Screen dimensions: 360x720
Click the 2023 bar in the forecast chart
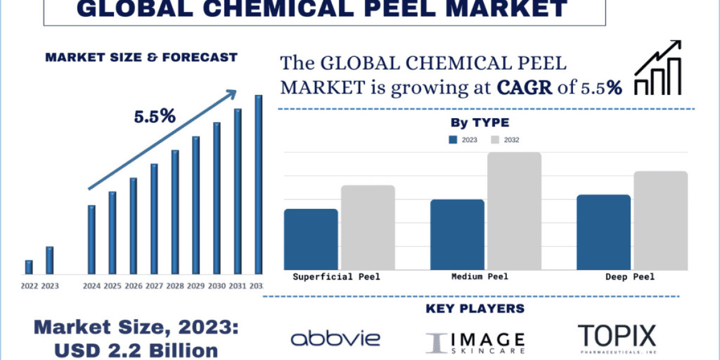click(50, 260)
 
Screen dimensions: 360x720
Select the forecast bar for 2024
click(91, 239)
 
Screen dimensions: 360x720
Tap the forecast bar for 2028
click(175, 212)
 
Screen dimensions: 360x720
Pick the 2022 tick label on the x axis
click(29, 286)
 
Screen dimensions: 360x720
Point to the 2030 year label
click(217, 286)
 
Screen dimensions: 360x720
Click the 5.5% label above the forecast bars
click(154, 116)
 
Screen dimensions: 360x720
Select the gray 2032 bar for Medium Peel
click(514, 211)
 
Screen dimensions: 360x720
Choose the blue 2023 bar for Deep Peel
click(604, 232)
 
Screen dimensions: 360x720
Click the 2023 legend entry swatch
click(453, 140)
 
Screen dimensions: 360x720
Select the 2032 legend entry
click(505, 140)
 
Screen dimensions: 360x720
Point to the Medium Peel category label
click(479, 277)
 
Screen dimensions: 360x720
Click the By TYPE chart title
click(479, 123)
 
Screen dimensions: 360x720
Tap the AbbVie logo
click(335, 338)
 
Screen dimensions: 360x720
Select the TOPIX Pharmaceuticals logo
click(617, 338)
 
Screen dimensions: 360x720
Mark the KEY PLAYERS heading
click(475, 309)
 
